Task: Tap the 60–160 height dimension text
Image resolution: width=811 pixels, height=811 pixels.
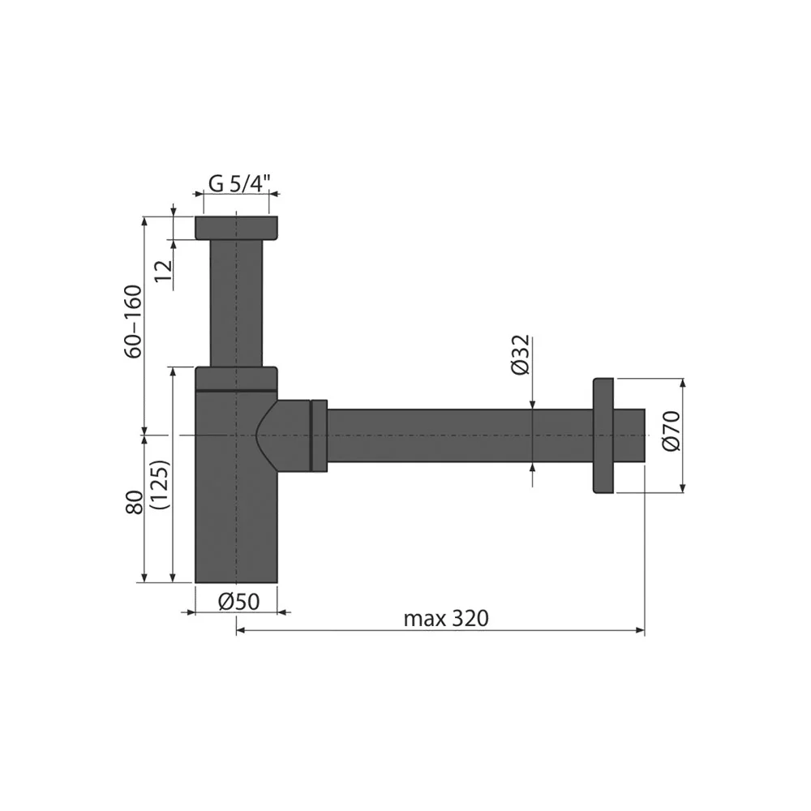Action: (x=135, y=321)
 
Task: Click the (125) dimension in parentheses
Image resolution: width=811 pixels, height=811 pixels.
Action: (x=160, y=485)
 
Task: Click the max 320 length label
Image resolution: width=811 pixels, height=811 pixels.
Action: (x=446, y=619)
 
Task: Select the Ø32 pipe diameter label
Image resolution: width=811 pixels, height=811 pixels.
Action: (x=521, y=354)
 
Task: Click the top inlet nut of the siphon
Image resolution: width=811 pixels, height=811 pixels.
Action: (x=236, y=227)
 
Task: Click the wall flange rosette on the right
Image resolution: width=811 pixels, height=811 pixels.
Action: (x=603, y=435)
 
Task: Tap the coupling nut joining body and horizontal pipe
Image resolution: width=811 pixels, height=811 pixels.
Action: (x=319, y=436)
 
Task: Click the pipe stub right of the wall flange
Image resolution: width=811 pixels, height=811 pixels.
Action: (x=630, y=436)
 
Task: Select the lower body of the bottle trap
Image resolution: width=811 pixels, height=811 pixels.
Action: (x=236, y=519)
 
